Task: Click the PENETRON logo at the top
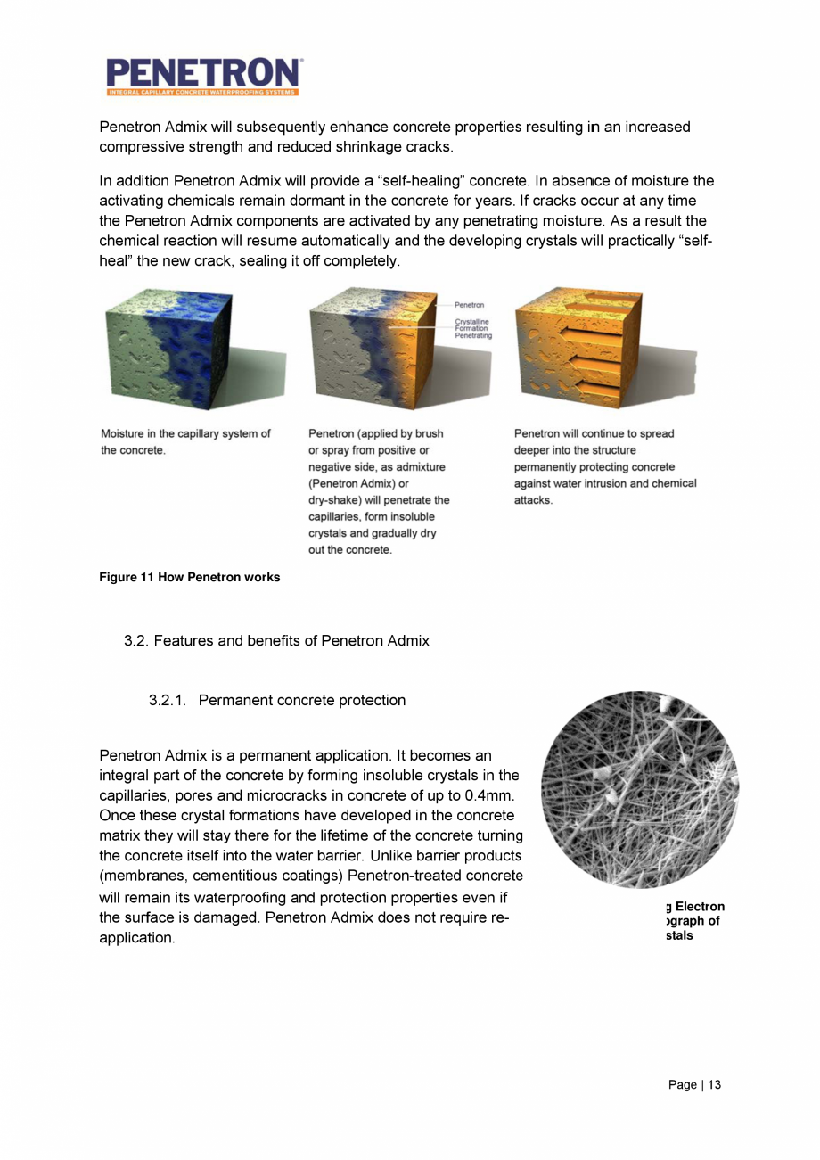[x=204, y=76]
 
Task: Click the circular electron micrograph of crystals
[x=640, y=789]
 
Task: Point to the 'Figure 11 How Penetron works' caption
[x=190, y=577]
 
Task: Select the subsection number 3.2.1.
[x=168, y=700]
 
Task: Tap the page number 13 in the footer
[x=714, y=1084]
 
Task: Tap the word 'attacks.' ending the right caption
[x=534, y=500]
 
